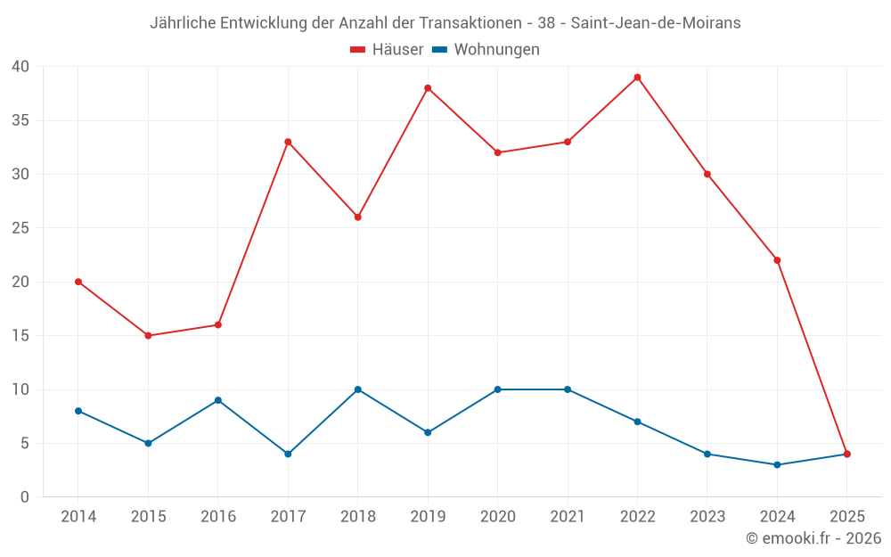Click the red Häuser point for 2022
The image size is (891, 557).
[x=637, y=78]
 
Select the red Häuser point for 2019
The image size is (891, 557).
[x=428, y=88]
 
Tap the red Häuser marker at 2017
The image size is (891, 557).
[x=288, y=142]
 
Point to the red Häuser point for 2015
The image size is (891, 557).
[x=148, y=336]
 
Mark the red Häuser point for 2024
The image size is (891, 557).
[x=777, y=260]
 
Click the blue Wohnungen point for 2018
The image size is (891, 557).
[x=357, y=389]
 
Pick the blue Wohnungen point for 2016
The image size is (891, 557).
[x=217, y=400]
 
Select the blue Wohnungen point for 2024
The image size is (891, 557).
[x=777, y=464]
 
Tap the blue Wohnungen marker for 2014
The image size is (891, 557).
[x=78, y=411]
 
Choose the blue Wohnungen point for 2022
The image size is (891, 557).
[x=637, y=422]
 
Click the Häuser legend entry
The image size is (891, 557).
[x=387, y=50]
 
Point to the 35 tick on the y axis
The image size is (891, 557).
[x=20, y=120]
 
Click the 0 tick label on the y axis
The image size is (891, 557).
[x=25, y=497]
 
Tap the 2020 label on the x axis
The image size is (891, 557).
[x=497, y=517]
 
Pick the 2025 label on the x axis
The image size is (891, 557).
[x=846, y=517]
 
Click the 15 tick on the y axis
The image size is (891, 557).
[x=20, y=336]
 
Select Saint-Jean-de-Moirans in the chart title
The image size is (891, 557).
[x=656, y=23]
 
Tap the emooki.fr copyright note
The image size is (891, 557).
[x=813, y=538]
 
